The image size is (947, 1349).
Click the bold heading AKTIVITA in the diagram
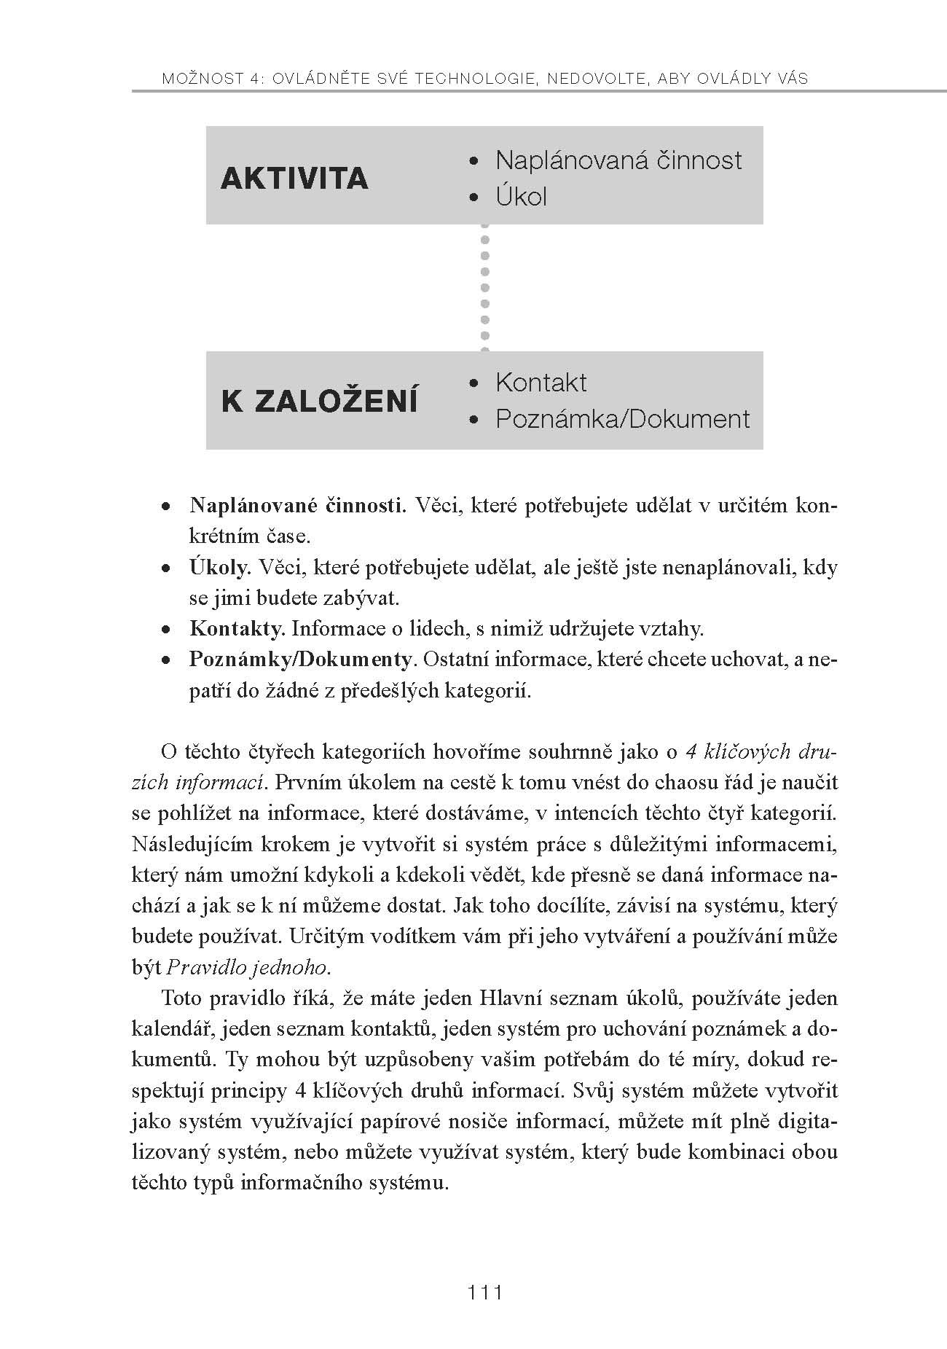coord(294,179)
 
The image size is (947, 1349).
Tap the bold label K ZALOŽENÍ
coord(320,402)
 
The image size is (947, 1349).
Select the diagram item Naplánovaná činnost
coord(618,160)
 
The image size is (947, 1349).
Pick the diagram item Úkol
coord(521,197)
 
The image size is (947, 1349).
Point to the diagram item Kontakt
coord(541,383)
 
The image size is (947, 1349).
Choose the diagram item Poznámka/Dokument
coord(622,419)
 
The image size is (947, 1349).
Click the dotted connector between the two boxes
coord(485,287)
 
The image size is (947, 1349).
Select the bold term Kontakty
coord(236,628)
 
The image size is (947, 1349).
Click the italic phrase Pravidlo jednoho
coord(248,967)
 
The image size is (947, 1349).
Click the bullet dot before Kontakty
coord(167,629)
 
